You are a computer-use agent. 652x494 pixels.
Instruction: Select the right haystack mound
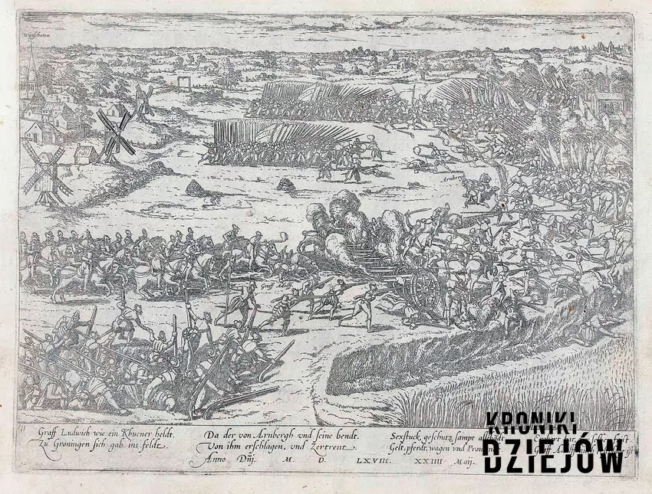286,185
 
